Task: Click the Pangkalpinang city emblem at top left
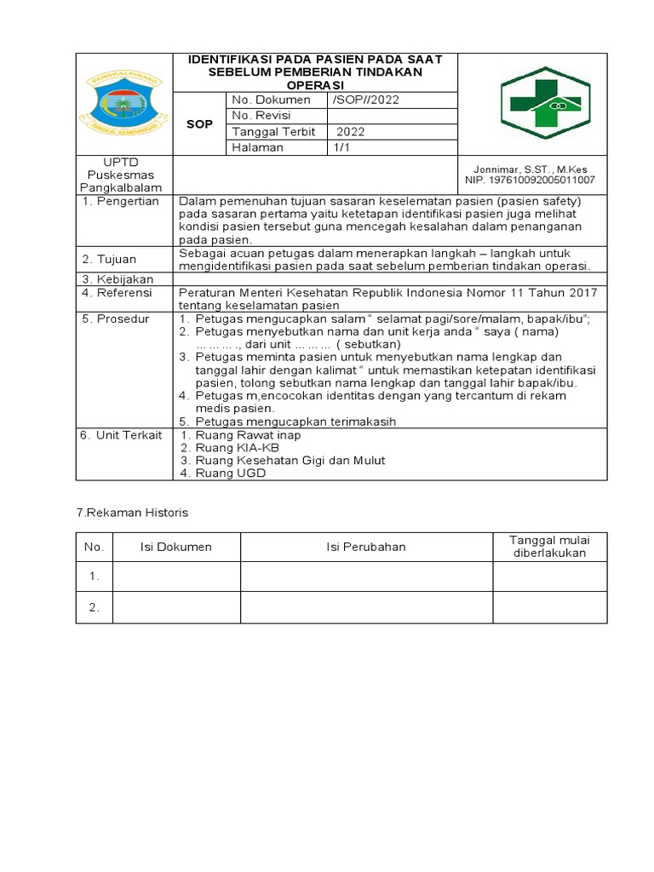coord(124,103)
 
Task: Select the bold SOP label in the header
coord(199,124)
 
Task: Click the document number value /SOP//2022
coord(365,100)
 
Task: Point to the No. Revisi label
coord(263,116)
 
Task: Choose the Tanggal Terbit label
coord(273,132)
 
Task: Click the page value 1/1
coord(341,147)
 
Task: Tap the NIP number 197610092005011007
coord(530,181)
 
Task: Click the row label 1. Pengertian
coord(120,201)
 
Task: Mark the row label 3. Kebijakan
coord(117,279)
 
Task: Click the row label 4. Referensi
coord(118,292)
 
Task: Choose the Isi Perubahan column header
coord(366,547)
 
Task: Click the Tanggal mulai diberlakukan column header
coord(549,547)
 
